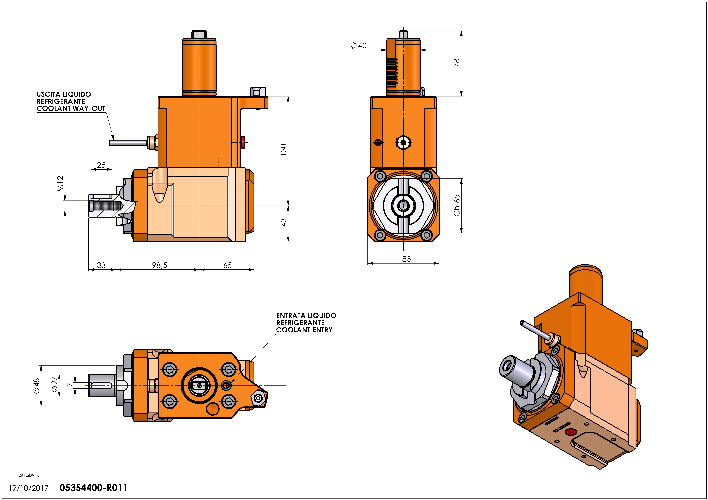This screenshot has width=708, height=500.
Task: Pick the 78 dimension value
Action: (456, 63)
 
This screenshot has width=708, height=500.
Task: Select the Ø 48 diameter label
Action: (36, 386)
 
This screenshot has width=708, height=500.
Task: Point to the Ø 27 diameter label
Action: (54, 384)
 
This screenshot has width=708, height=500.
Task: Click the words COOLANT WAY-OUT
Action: (71, 108)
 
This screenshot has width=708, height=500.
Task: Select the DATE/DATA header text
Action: (29, 475)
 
